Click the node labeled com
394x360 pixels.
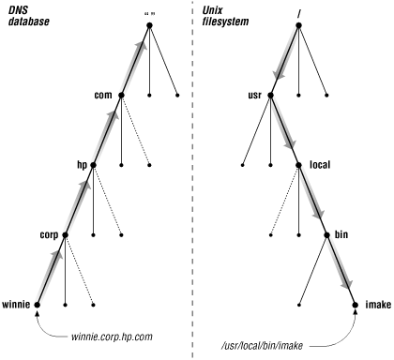122,95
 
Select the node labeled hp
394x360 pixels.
94,164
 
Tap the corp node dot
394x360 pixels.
66,234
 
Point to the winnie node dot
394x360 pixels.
38,305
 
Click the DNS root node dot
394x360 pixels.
149,24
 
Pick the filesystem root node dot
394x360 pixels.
298,24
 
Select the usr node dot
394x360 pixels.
270,95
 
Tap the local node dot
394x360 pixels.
298,164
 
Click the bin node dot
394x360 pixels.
326,234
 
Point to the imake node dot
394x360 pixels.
355,305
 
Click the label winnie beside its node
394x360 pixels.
17,305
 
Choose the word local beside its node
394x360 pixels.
320,164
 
